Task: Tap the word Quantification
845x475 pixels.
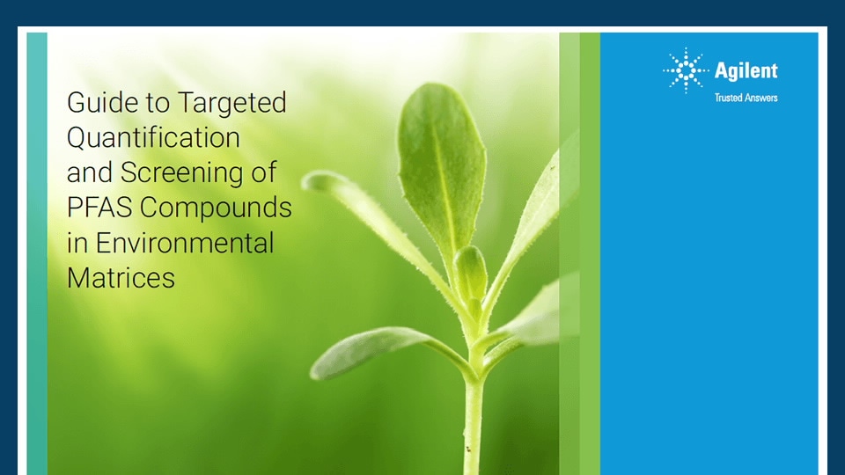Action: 153,138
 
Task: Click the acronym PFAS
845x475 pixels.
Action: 99,208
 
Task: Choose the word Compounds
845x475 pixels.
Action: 217,208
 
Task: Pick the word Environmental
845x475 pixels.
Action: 185,243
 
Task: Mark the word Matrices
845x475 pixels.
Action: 121,278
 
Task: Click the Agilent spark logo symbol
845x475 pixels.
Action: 686,70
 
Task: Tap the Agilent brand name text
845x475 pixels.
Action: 746,71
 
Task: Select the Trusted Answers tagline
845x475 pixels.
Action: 746,98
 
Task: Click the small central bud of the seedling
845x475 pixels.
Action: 470,274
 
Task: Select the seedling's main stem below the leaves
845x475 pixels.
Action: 474,420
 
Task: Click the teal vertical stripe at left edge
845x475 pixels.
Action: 37,253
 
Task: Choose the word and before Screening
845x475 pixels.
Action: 90,172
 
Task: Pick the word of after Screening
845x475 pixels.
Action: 264,172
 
